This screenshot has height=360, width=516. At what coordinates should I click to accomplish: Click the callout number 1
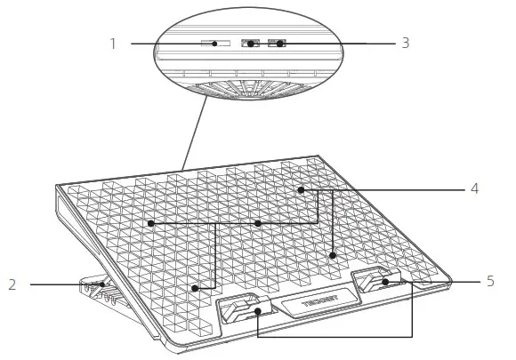(113, 43)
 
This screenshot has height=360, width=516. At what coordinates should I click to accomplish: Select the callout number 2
(12, 284)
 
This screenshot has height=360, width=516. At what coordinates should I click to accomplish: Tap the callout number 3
(405, 43)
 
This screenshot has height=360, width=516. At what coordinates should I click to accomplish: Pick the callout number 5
(490, 282)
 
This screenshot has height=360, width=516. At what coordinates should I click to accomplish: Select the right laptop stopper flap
(377, 281)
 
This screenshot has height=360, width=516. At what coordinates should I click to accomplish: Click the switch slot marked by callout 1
(214, 43)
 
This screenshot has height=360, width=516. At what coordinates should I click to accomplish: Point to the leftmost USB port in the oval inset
(251, 43)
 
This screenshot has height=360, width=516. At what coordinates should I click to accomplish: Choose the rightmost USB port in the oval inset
(278, 43)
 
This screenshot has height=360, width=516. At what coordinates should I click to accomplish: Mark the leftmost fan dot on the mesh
(152, 223)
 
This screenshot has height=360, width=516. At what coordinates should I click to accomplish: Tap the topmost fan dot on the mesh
(302, 189)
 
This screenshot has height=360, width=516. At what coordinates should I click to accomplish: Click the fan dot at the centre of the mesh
(257, 223)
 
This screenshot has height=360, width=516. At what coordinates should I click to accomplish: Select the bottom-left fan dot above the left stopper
(195, 288)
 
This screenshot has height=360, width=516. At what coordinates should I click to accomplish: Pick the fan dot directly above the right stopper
(333, 256)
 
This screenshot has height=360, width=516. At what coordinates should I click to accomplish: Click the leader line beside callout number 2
(62, 284)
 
